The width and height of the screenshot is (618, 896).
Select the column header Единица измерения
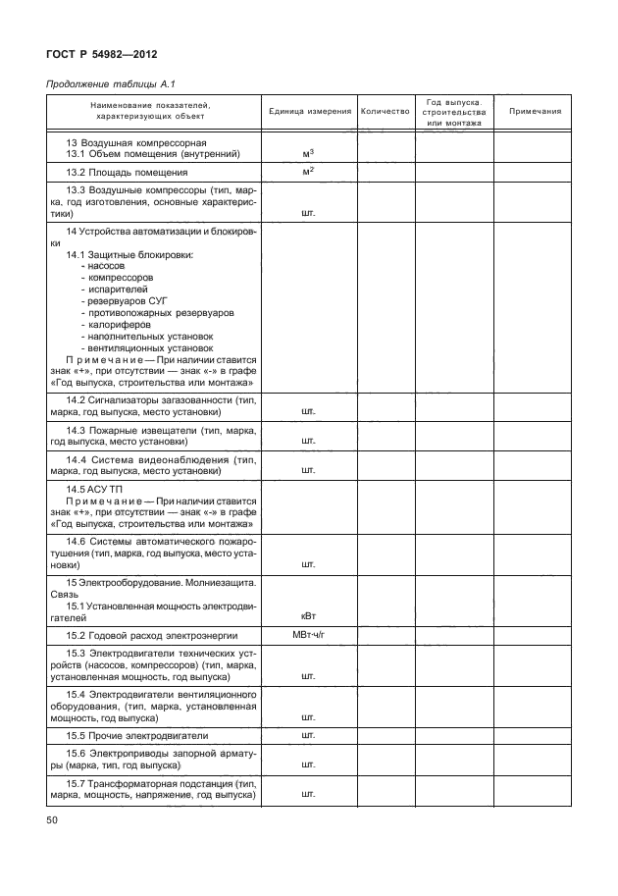click(x=309, y=112)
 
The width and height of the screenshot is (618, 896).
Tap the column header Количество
click(x=385, y=112)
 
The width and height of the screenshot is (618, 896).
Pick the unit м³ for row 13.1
click(x=308, y=153)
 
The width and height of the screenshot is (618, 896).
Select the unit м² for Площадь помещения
click(x=308, y=172)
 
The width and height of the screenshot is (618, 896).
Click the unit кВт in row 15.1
click(x=308, y=616)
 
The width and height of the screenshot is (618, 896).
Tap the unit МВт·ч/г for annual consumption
click(x=308, y=636)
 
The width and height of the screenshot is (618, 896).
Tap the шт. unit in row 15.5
click(x=308, y=735)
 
